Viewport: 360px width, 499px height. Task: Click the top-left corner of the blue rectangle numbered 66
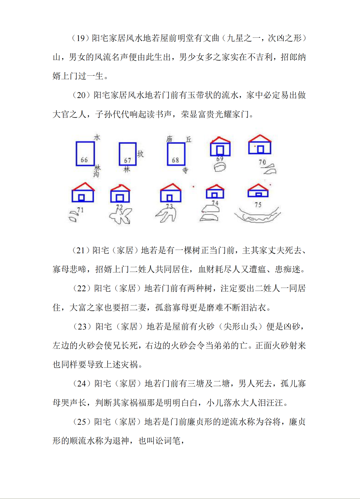pyautogui.click(x=77, y=142)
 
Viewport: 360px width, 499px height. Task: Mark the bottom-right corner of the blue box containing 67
pyautogui.click(x=136, y=165)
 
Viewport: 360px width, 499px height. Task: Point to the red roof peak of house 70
pyautogui.click(x=260, y=135)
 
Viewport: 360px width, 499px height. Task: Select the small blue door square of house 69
pyautogui.click(x=220, y=150)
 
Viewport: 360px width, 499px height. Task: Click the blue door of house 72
pyautogui.click(x=120, y=198)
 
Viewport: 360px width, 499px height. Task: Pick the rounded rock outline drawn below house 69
pyautogui.click(x=220, y=167)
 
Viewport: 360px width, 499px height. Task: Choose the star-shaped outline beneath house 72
pyautogui.click(x=121, y=216)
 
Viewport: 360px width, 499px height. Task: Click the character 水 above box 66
pyautogui.click(x=97, y=137)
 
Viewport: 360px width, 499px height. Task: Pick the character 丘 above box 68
pyautogui.click(x=189, y=139)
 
